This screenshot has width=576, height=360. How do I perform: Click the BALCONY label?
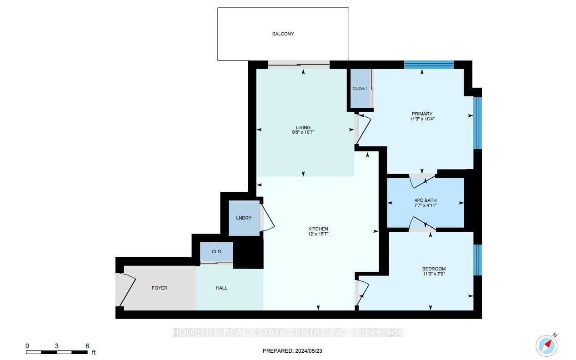(x=283, y=34)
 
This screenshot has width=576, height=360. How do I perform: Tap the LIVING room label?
(x=303, y=128)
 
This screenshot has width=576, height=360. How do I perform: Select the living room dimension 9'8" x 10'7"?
(x=303, y=132)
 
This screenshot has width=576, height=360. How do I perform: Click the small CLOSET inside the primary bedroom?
(x=360, y=89)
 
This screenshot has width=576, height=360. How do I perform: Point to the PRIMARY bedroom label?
(x=422, y=114)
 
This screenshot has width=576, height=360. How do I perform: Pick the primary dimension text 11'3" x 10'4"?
(x=422, y=119)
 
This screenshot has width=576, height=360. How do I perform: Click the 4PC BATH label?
(x=426, y=200)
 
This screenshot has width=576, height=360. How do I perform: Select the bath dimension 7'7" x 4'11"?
(x=426, y=205)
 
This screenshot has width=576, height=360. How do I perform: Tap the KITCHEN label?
(x=318, y=229)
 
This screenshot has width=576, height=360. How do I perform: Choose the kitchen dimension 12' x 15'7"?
(x=318, y=234)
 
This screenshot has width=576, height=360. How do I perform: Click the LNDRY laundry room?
(x=244, y=218)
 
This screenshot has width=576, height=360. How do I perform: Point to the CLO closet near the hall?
(x=216, y=252)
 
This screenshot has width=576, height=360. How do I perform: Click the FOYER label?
(x=160, y=288)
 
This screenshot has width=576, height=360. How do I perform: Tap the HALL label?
(x=221, y=288)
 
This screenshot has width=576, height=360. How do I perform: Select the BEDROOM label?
(x=434, y=269)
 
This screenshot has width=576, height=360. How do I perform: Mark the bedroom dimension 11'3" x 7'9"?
(x=434, y=274)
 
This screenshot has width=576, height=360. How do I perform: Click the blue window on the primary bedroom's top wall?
(x=429, y=65)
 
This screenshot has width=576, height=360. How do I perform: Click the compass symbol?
(x=547, y=345)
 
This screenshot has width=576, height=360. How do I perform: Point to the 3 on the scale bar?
(x=56, y=346)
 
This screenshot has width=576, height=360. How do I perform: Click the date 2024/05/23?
(x=309, y=351)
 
